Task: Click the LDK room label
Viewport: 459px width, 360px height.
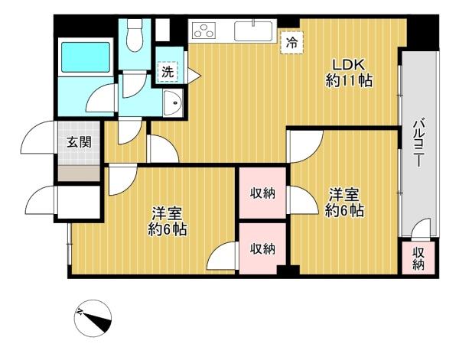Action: pyautogui.click(x=348, y=64)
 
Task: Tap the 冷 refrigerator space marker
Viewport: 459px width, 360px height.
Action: pyautogui.click(x=291, y=43)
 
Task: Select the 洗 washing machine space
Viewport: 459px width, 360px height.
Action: pyautogui.click(x=168, y=72)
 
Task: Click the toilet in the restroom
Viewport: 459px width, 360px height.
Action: pyautogui.click(x=135, y=35)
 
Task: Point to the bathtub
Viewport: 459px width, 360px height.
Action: pyautogui.click(x=86, y=57)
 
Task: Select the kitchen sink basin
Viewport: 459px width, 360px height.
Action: pyautogui.click(x=253, y=31)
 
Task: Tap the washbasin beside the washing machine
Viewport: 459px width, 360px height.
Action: pyautogui.click(x=173, y=103)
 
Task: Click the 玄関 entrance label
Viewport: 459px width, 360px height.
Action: pyautogui.click(x=79, y=142)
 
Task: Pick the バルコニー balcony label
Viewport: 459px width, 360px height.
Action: pyautogui.click(x=418, y=142)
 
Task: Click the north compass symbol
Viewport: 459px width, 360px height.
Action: pyautogui.click(x=93, y=319)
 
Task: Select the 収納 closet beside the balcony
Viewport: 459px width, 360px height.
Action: pyautogui.click(x=418, y=258)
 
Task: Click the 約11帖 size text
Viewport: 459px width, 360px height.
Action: pyautogui.click(x=349, y=81)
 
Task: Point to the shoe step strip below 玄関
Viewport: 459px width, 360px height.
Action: pyautogui.click(x=79, y=174)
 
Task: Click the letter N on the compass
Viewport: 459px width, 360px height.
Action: pyautogui.click(x=79, y=312)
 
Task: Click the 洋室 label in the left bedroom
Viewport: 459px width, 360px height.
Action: pyautogui.click(x=167, y=214)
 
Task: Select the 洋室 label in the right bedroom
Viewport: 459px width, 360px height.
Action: pyautogui.click(x=344, y=195)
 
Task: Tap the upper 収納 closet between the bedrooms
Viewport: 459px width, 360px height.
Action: pyautogui.click(x=262, y=193)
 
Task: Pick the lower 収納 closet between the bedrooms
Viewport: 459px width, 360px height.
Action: pyautogui.click(x=262, y=248)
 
